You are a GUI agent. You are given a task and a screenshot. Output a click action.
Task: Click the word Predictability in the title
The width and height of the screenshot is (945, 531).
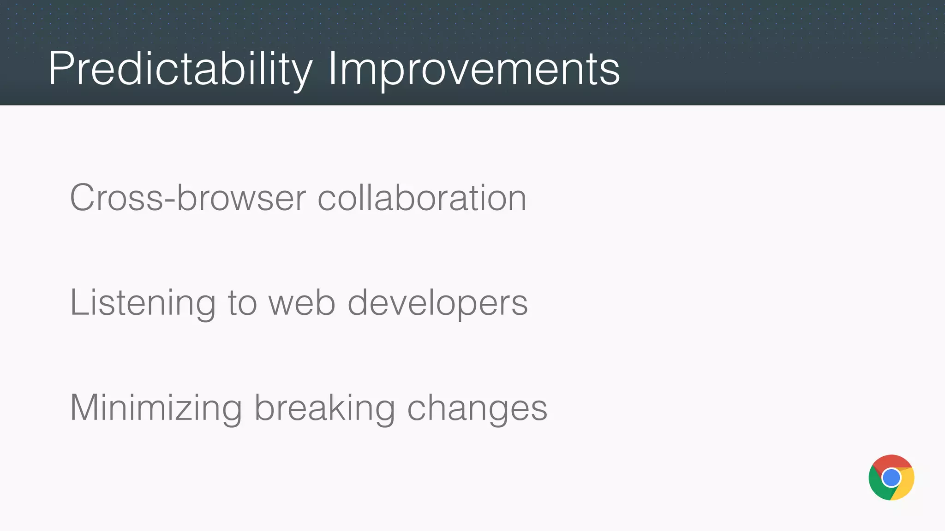pyautogui.click(x=180, y=69)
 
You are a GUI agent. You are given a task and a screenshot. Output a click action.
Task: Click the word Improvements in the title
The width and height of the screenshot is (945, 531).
pyautogui.click(x=473, y=69)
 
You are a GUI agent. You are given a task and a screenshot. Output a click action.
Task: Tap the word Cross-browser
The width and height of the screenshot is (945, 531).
pyautogui.click(x=187, y=198)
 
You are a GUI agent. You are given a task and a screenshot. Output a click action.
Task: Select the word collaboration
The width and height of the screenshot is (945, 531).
pyautogui.click(x=422, y=198)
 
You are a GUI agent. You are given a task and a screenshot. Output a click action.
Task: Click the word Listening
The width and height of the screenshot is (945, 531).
pyautogui.click(x=142, y=303)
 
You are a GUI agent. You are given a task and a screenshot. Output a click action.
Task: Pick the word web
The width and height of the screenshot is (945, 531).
pyautogui.click(x=302, y=303)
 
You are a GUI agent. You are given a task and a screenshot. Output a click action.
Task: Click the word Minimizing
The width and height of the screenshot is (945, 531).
pyautogui.click(x=156, y=408)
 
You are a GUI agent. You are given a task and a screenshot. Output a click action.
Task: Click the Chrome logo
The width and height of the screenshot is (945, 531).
pyautogui.click(x=891, y=478)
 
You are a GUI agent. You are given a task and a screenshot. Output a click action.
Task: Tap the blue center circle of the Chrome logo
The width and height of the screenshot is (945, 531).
pyautogui.click(x=891, y=478)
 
